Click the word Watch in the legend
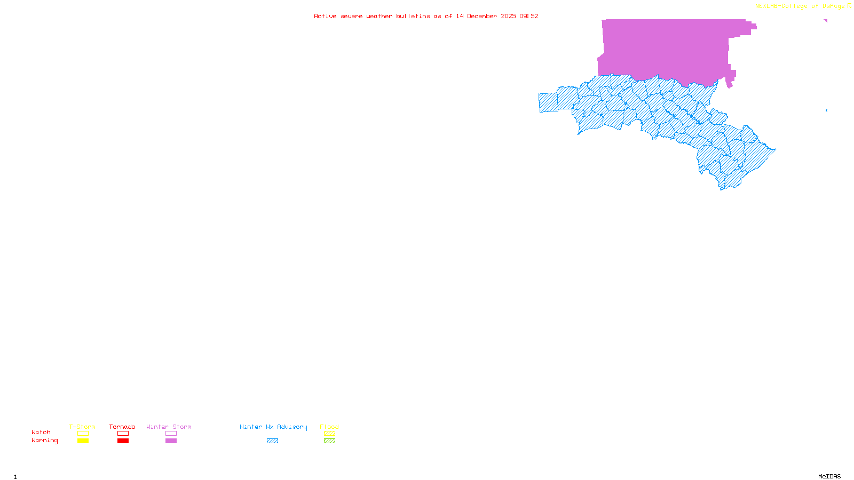click(x=41, y=432)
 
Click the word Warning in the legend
click(x=45, y=441)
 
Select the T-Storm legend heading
click(x=82, y=427)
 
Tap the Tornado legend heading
click(x=122, y=427)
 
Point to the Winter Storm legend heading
click(x=169, y=427)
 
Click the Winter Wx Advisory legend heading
click(x=273, y=427)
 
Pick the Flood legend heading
click(x=329, y=427)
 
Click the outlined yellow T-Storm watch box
click(x=83, y=434)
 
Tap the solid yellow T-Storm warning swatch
click(x=83, y=441)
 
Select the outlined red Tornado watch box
click(x=123, y=434)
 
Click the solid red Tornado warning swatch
click(x=123, y=441)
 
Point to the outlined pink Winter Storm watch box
click(x=171, y=434)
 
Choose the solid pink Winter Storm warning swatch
click(x=171, y=441)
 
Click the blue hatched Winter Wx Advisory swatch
click(x=272, y=441)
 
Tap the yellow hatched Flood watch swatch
click(x=330, y=434)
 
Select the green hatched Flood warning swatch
click(x=330, y=441)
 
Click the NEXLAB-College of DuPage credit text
click(x=800, y=6)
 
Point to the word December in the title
click(x=482, y=16)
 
